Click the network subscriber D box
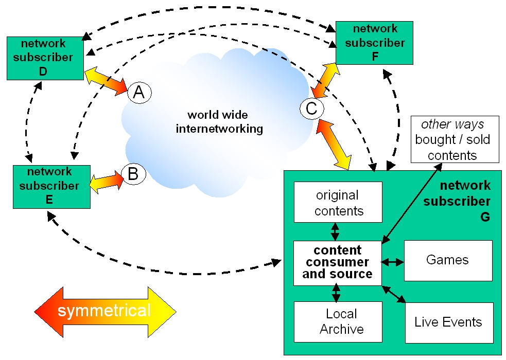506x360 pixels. coord(45,58)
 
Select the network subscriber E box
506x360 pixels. coord(51,187)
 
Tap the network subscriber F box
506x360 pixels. coord(374,43)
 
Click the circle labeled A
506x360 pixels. coord(139,93)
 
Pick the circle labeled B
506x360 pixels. coord(134,174)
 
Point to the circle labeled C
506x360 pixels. coord(312,109)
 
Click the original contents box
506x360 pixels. coord(338,202)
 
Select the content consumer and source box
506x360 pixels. coord(338,263)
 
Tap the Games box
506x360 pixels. coord(448,260)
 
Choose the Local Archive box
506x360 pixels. coord(338,321)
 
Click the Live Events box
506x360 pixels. coord(449,322)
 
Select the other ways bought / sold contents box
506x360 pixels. coord(455,139)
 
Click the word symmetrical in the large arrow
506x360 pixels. coord(104,311)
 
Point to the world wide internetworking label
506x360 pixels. coord(219,122)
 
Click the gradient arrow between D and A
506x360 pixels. coord(106,81)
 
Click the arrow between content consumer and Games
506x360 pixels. coord(393,262)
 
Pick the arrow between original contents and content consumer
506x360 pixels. coord(335,232)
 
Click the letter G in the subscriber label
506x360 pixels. coord(485,217)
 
